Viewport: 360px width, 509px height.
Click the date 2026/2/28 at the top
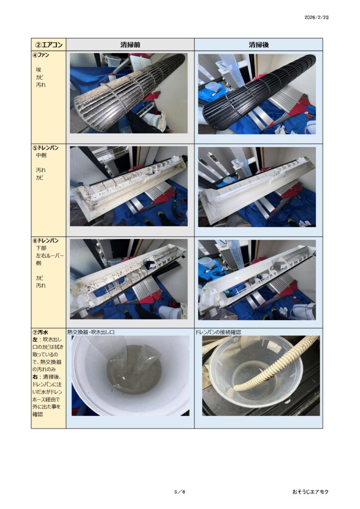316,17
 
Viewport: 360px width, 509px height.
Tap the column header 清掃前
130,45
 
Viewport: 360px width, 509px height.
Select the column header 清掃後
259,45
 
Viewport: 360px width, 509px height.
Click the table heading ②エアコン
49,44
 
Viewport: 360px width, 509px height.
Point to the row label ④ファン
41,55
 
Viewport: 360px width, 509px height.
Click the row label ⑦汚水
41,333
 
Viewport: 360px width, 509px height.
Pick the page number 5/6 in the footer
180,492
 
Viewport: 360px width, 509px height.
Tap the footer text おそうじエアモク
310,492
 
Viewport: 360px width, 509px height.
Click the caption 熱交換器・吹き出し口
91,332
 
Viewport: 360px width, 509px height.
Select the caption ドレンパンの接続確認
218,332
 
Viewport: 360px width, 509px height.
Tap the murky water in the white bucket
134,370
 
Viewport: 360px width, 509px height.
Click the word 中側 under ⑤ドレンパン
41,155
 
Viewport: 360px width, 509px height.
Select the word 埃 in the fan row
39,70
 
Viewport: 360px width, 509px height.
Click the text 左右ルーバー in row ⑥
50,255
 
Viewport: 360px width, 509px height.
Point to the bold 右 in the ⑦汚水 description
35,377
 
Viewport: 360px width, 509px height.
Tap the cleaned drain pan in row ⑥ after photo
257,279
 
